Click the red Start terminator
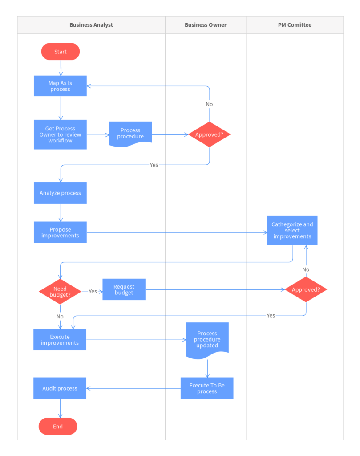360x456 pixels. pos(61,52)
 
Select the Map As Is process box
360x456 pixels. pos(60,86)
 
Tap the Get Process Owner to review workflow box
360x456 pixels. pos(60,134)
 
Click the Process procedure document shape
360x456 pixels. pos(130,134)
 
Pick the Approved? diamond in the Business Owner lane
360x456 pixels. pos(209,134)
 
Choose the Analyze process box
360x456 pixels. pos(60,193)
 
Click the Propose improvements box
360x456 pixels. pos(60,232)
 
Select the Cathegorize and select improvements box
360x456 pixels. pos(292,230)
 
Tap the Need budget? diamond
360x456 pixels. pos(60,292)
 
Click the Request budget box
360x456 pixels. pos(124,289)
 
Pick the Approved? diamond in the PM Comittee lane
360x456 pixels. pos(306,289)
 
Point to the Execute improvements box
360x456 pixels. pos(60,340)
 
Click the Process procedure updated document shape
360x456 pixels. pos(207,339)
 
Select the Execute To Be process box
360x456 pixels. pos(207,388)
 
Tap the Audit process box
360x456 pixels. pos(60,388)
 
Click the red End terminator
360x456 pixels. pos(58,426)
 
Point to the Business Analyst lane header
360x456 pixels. pos(91,25)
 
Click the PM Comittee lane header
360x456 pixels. pos(295,25)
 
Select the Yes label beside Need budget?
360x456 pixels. pos(93,291)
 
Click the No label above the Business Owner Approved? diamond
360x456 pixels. pos(209,104)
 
